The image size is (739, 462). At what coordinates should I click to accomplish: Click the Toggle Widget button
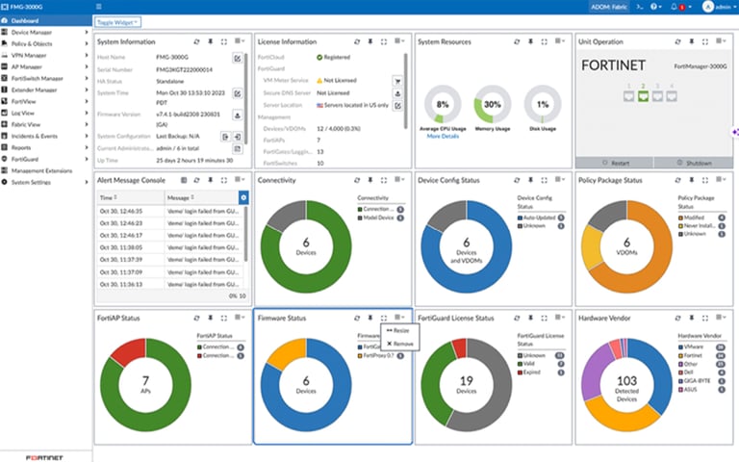pos(118,21)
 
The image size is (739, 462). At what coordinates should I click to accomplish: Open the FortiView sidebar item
pos(25,101)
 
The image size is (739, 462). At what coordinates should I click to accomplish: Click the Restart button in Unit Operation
pos(612,163)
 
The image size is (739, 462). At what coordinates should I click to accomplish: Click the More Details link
pos(443,137)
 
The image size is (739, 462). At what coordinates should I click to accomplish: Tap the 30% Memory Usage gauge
pos(493,103)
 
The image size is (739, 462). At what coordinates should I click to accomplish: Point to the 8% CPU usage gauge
pos(443,103)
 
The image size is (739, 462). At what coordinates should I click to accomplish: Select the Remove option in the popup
pos(399,343)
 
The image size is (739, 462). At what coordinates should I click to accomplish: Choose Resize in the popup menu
pos(399,330)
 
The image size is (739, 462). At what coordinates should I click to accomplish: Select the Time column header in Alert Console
pos(108,196)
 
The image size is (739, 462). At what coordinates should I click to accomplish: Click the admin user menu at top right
pos(717,6)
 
